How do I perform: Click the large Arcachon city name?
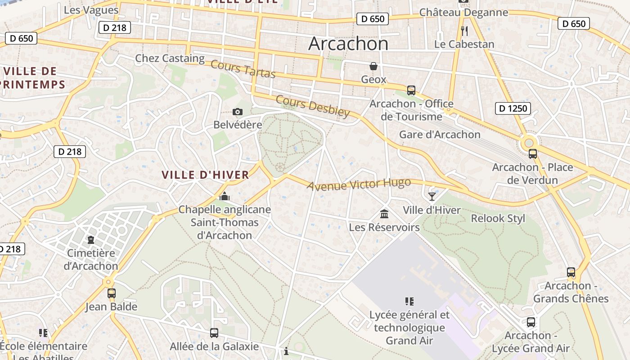coord(348,44)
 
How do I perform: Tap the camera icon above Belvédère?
coord(238,112)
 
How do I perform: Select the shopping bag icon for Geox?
coord(373,67)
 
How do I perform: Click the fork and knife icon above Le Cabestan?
coord(464,31)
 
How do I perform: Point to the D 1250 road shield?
coord(513,108)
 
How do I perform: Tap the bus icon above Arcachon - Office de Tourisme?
coord(411,90)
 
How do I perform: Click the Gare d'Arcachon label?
coord(440,135)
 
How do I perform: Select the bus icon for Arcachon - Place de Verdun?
coord(533,154)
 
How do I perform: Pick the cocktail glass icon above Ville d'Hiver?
coord(432,196)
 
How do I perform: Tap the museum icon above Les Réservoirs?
coord(384,214)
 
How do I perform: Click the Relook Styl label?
coord(498,219)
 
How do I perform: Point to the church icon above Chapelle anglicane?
coord(225,196)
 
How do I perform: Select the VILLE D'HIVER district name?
coord(205,175)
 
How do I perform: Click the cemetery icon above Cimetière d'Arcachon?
coord(91,239)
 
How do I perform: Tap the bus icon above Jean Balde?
coord(112,293)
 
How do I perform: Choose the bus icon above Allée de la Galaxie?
coord(214,333)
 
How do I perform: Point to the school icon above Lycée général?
coord(409,301)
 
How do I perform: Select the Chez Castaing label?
coord(170,58)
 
